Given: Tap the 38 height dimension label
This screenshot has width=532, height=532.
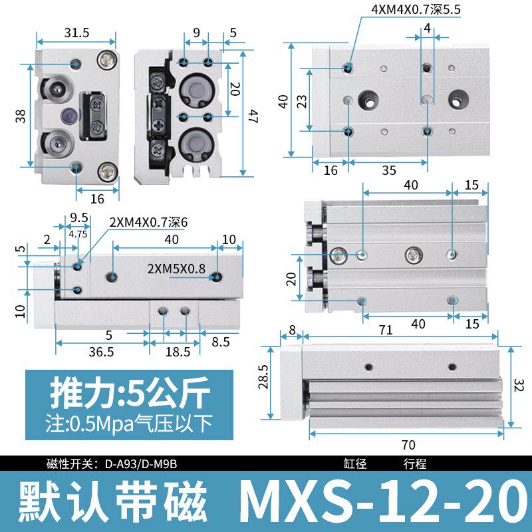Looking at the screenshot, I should pos(21,116).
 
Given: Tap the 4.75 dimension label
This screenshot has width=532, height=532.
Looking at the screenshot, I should pos(78,233).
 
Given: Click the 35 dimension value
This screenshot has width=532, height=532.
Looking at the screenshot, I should pos(389,170).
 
